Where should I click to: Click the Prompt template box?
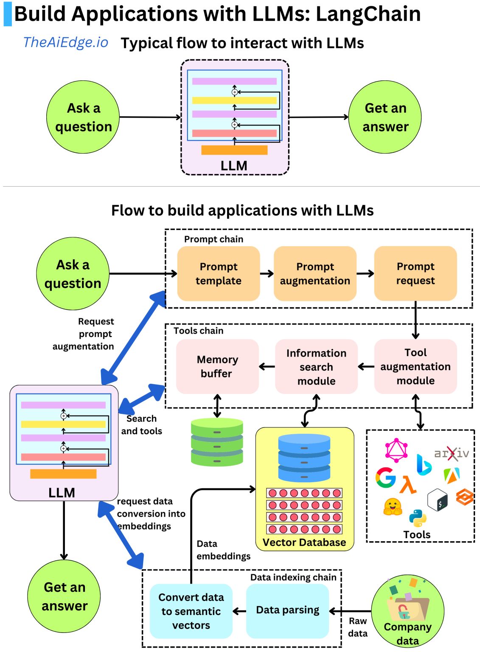point(218,273)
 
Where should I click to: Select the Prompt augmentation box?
point(315,273)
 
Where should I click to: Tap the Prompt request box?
point(415,273)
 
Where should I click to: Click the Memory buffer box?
point(217,366)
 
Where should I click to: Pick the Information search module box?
point(316,367)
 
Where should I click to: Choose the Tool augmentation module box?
point(415,366)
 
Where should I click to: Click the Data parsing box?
point(287,610)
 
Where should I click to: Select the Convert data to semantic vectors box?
point(191,611)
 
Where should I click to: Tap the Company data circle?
point(407,611)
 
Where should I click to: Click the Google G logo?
point(385,478)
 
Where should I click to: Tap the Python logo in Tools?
point(418,517)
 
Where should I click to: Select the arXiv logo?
point(452,453)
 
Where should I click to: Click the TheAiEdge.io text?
point(66,42)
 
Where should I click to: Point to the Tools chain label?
point(198,331)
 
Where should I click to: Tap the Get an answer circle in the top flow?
point(385,117)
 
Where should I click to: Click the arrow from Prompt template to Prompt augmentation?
point(267,273)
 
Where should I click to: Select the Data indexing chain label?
point(293,577)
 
